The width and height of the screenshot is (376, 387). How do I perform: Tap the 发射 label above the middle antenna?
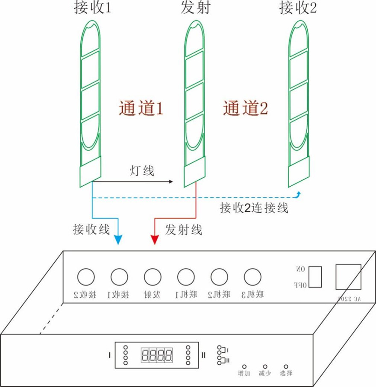pyautogui.click(x=195, y=9)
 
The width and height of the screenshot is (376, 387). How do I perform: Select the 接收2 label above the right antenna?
pyautogui.click(x=298, y=9)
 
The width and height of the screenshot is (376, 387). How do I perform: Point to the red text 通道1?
pyautogui.click(x=141, y=109)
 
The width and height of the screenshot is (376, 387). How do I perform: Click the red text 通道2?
pyautogui.click(x=245, y=109)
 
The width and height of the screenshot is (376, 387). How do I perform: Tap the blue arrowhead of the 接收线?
pyautogui.click(x=117, y=240)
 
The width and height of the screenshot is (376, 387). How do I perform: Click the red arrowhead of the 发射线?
pyautogui.click(x=155, y=240)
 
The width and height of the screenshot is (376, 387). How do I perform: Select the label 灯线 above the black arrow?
pyautogui.click(x=142, y=171)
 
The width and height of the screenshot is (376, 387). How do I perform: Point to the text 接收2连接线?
pyautogui.click(x=254, y=208)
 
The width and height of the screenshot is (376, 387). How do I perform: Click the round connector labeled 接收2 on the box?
pyautogui.click(x=85, y=277)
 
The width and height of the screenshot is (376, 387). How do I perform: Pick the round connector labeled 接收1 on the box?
pyautogui.click(x=119, y=277)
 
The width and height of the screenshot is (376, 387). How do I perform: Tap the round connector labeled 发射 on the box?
pyautogui.click(x=153, y=277)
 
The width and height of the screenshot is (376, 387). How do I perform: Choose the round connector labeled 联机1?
pyautogui.click(x=186, y=277)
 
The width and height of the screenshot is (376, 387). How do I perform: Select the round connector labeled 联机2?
pyautogui.click(x=219, y=277)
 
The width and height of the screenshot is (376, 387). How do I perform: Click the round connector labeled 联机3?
pyautogui.click(x=253, y=277)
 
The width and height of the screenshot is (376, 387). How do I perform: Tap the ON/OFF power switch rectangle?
pyautogui.click(x=315, y=276)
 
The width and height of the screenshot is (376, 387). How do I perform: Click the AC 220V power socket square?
pyautogui.click(x=348, y=278)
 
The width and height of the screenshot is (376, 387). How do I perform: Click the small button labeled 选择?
pyautogui.click(x=286, y=366)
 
